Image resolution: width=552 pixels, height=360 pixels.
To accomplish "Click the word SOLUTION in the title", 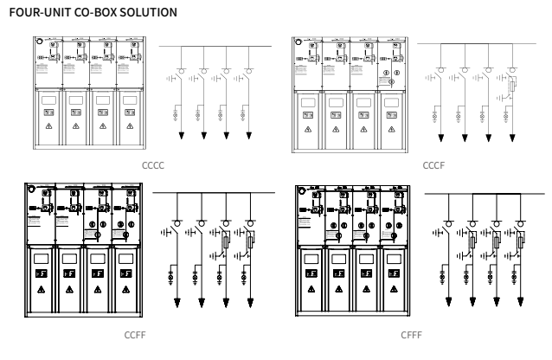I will pyautogui.click(x=154, y=12).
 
